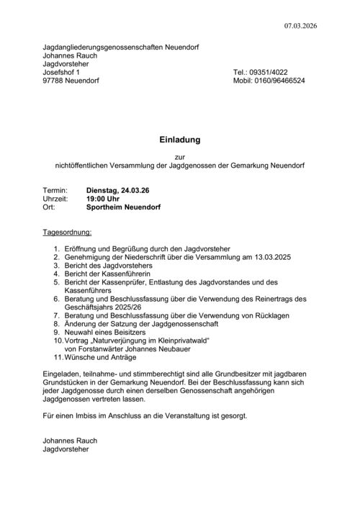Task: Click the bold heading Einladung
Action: tap(179, 140)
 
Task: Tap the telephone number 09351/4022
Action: tap(271, 73)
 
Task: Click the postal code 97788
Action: tap(54, 81)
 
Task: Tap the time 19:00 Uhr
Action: tap(102, 198)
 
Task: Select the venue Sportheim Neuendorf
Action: tap(122, 207)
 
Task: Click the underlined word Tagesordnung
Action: tap(67, 233)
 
